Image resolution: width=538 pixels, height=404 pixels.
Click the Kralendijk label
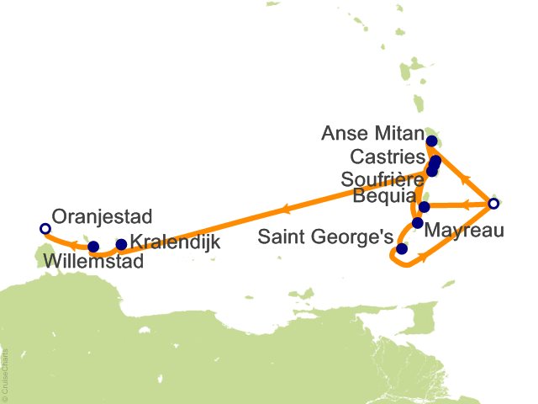[176, 243]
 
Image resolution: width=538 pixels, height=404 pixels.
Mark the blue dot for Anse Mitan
[432, 141]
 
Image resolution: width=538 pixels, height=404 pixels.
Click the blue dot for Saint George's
[402, 249]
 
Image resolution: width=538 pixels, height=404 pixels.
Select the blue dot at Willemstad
[93, 247]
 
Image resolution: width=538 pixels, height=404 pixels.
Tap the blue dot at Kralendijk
[121, 245]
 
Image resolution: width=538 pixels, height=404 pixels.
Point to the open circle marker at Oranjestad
[45, 228]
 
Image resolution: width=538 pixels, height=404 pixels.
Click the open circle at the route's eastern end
[494, 204]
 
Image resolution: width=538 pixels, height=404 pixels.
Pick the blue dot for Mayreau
[418, 223]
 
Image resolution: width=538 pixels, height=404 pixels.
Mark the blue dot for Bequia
[425, 206]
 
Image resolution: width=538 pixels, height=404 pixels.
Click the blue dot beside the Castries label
[435, 161]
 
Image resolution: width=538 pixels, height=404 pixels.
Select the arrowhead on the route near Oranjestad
[74, 245]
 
